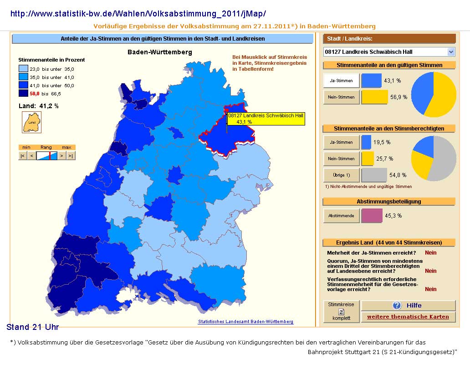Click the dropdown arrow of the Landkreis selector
[x=451, y=52]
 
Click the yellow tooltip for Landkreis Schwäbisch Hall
[x=266, y=119]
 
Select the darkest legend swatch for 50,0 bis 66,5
[x=23, y=94]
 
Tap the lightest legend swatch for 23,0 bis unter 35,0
[x=23, y=69]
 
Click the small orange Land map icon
[x=32, y=122]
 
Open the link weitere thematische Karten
[x=408, y=317]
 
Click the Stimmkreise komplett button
[x=341, y=311]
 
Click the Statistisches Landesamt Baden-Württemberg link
[x=245, y=322]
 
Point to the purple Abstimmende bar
[x=372, y=215]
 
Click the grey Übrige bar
[x=374, y=175]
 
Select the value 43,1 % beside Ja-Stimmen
[x=393, y=81]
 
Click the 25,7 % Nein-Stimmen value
[x=384, y=158]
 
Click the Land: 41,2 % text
[x=38, y=106]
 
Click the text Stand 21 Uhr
[x=33, y=327]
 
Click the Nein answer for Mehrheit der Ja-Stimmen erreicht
[x=430, y=253]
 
